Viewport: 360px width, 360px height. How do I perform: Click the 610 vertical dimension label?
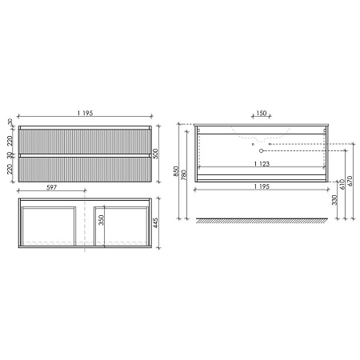pyautogui.click(x=342, y=186)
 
